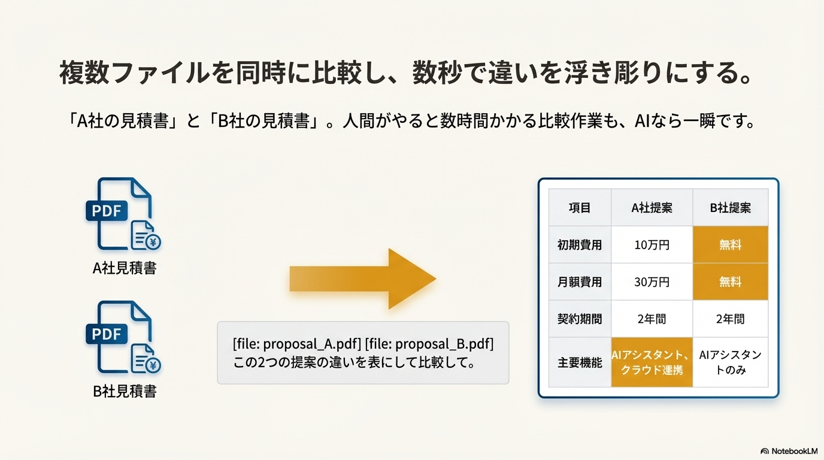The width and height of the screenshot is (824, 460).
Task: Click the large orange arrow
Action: [363, 279]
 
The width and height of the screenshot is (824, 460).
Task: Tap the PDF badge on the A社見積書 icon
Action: [107, 211]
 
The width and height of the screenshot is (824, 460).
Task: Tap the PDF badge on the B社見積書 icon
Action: [107, 334]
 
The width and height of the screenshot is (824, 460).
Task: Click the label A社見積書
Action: [125, 268]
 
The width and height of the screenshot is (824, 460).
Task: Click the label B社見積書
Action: [125, 391]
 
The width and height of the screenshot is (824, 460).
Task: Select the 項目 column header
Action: [580, 208]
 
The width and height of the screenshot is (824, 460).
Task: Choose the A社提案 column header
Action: [652, 208]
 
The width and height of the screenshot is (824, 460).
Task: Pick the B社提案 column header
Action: [731, 208]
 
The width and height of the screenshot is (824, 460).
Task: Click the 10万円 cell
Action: [652, 245]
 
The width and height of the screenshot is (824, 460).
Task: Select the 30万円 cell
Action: [652, 282]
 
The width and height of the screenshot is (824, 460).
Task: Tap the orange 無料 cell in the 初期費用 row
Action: [731, 245]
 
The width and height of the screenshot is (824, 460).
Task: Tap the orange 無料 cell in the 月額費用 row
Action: [731, 282]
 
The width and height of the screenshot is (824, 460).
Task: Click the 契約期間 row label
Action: [580, 319]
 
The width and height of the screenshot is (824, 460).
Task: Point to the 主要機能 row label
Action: [580, 362]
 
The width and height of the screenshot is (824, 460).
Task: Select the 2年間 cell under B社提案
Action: [731, 319]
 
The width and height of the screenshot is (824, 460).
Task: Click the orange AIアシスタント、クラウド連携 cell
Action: [652, 362]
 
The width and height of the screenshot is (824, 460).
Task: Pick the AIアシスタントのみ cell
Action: [731, 362]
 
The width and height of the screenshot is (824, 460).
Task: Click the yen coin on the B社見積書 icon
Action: [153, 365]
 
